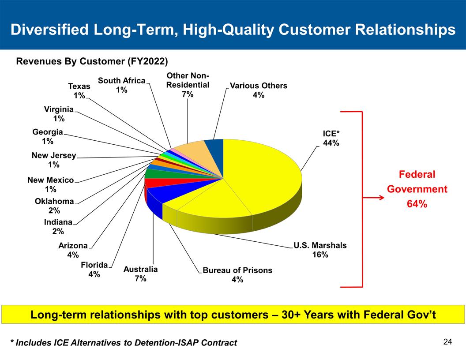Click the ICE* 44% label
[x=331, y=138]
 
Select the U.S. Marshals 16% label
[x=320, y=250]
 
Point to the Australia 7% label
[x=140, y=274]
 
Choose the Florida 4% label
[x=94, y=269]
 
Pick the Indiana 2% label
[x=58, y=227]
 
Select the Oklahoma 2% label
[x=54, y=206]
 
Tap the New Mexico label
[x=50, y=184]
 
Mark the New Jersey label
[x=53, y=160]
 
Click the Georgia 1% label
[x=48, y=136]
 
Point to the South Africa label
[x=121, y=85]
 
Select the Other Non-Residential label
[x=188, y=84]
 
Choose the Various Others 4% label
[x=259, y=90]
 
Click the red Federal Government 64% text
[x=417, y=189]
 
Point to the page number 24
[x=447, y=341]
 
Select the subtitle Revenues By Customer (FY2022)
[x=92, y=61]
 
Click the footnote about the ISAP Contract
[x=124, y=343]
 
